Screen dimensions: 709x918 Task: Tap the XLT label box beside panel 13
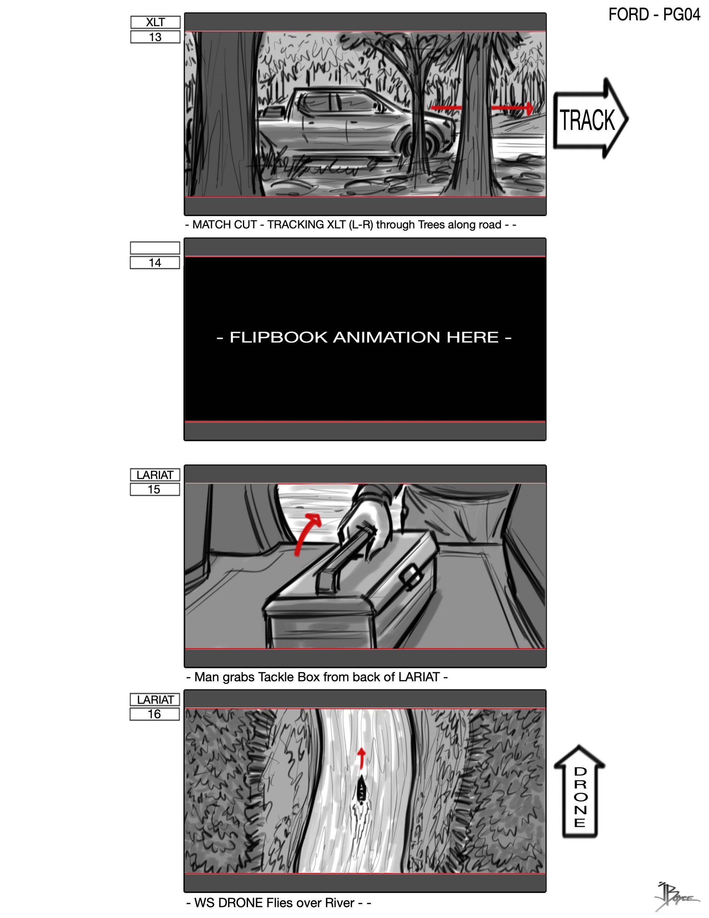coord(155,22)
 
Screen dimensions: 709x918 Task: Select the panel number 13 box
coord(155,37)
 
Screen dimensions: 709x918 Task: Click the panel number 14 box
coord(154,263)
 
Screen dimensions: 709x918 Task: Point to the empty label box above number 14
coord(154,248)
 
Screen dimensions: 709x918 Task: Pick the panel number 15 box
coord(154,489)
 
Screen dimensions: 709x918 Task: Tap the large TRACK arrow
coord(590,119)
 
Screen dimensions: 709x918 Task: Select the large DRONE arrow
coord(580,791)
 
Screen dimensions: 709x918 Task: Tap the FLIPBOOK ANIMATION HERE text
coord(364,337)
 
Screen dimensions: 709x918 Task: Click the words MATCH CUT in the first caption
coord(224,225)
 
